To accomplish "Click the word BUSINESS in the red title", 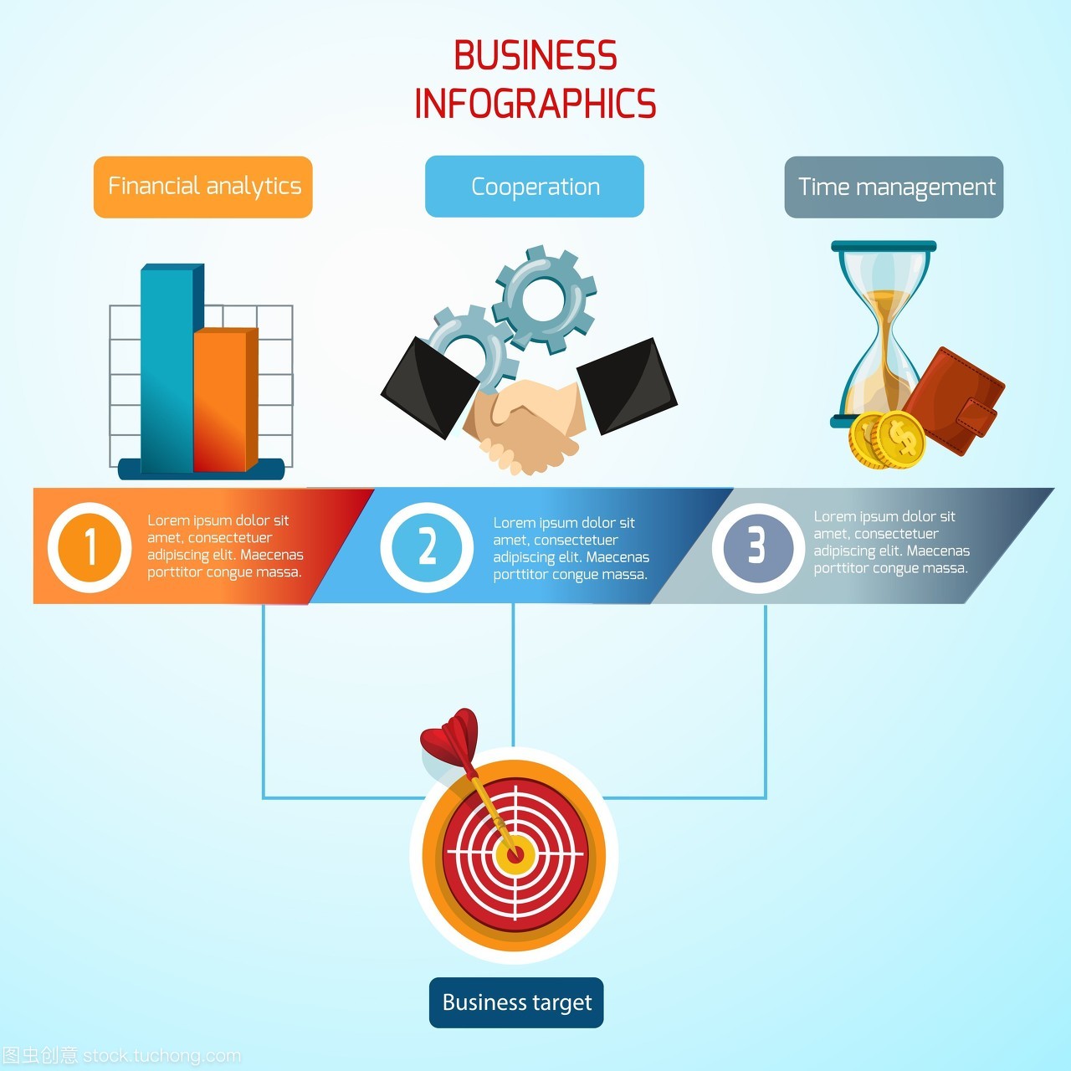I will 535,56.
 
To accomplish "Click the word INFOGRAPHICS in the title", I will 535,104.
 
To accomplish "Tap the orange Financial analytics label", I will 203,187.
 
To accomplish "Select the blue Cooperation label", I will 535,187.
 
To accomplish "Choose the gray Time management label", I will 894,187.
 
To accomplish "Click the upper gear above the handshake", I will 545,297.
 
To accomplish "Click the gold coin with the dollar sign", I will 900,438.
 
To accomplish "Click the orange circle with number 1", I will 90,547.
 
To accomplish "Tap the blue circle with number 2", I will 427,547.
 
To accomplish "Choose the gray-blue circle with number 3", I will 757,547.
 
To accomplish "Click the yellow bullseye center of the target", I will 515,855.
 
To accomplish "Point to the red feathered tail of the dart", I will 450,735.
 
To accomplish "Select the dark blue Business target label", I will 516,1002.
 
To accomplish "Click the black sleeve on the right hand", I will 628,385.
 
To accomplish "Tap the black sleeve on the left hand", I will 428,385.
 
